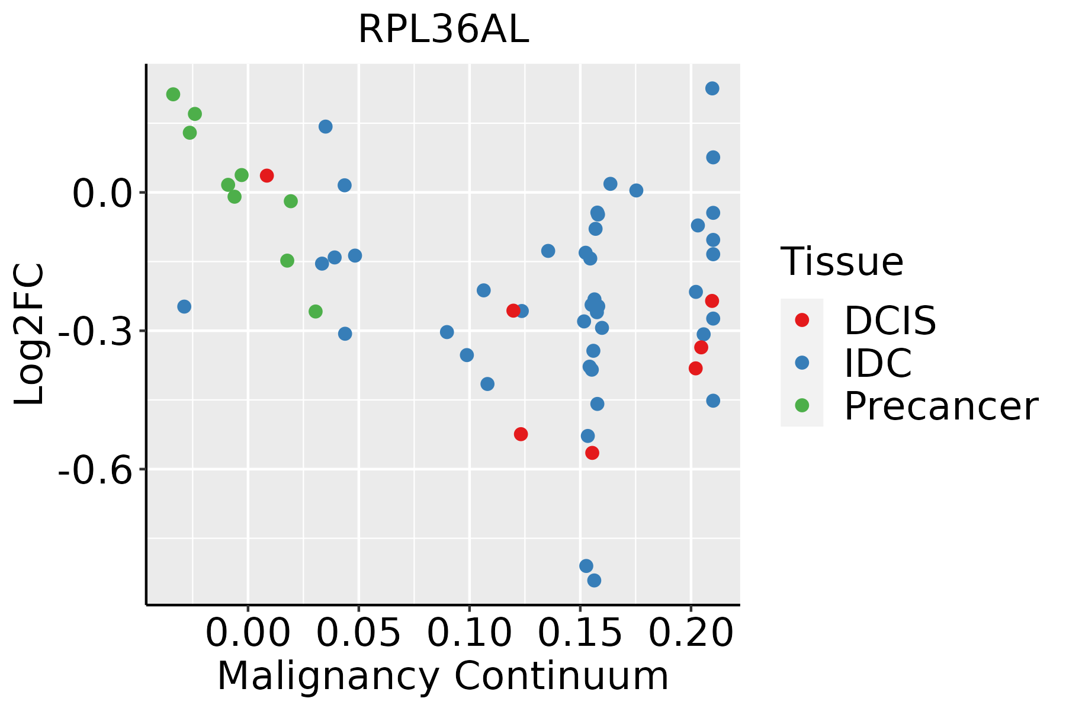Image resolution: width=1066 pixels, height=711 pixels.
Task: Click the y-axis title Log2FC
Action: [30, 335]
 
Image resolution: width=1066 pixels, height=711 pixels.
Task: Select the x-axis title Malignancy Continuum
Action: [443, 677]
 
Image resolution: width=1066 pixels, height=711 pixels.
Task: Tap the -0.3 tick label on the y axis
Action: [94, 332]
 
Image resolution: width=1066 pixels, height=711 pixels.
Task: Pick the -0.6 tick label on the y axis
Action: [94, 470]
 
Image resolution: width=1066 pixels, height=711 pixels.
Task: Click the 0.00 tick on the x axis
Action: [248, 633]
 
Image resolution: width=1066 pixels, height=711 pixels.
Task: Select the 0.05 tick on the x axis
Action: [358, 633]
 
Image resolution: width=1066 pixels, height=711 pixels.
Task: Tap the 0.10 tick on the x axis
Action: [469, 633]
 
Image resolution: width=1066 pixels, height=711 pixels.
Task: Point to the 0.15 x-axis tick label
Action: [580, 633]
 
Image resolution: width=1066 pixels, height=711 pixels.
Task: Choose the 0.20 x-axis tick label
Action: [691, 633]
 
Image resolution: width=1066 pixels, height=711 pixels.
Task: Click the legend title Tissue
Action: [842, 261]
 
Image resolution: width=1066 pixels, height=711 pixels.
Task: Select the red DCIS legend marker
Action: [802, 320]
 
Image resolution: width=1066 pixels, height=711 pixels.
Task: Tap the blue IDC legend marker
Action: [802, 363]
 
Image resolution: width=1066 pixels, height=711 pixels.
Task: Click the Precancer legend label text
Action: [940, 406]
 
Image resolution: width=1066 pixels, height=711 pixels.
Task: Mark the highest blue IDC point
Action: [712, 88]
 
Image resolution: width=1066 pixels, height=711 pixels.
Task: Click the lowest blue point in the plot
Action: [594, 580]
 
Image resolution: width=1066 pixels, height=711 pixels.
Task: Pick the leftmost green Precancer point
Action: [173, 94]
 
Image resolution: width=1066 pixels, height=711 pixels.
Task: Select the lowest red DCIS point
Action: [592, 453]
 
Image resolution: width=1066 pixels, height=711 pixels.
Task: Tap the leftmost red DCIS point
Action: [266, 175]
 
